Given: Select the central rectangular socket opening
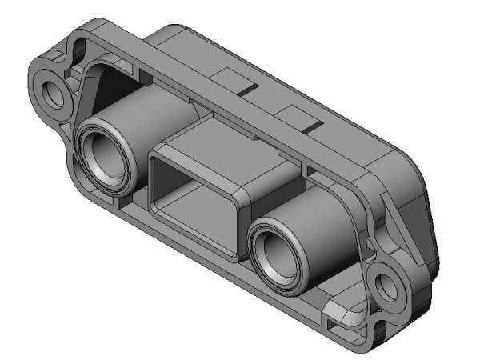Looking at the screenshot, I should (x=192, y=204).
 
